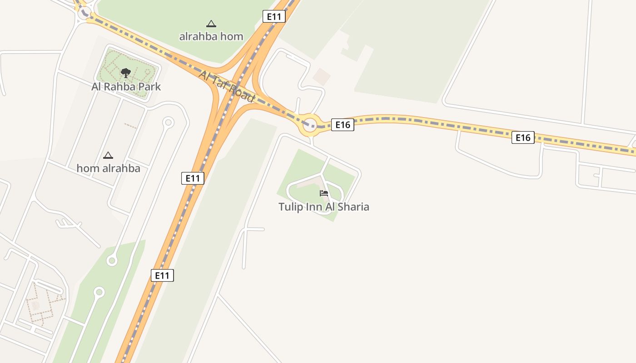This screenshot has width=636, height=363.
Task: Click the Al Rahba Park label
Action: [126, 87]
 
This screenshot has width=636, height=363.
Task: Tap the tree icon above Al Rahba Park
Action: [126, 73]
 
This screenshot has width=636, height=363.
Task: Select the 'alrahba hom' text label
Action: [211, 36]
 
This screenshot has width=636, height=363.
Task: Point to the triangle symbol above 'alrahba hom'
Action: [211, 24]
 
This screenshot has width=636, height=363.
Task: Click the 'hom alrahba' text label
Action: [108, 168]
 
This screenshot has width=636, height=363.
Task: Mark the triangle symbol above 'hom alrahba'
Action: [108, 156]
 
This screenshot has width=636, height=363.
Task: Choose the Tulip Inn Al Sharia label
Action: [323, 207]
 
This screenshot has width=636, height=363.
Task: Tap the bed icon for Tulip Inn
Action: [324, 193]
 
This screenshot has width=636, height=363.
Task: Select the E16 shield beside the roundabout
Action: [343, 125]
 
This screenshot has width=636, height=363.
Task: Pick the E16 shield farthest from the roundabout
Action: [523, 137]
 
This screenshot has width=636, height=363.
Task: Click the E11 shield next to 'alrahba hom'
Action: [274, 17]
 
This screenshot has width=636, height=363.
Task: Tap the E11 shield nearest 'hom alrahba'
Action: [193, 178]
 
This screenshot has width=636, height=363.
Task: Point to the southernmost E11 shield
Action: [162, 275]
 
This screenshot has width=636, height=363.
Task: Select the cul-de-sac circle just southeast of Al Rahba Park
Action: [169, 122]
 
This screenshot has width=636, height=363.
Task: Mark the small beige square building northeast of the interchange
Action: [322, 77]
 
